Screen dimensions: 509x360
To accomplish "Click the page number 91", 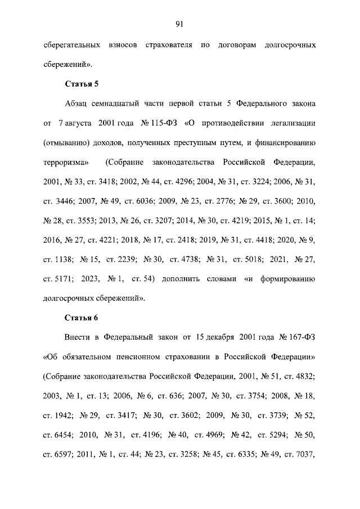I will [180, 24].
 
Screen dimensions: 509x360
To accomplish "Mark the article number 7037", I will [304, 454].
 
